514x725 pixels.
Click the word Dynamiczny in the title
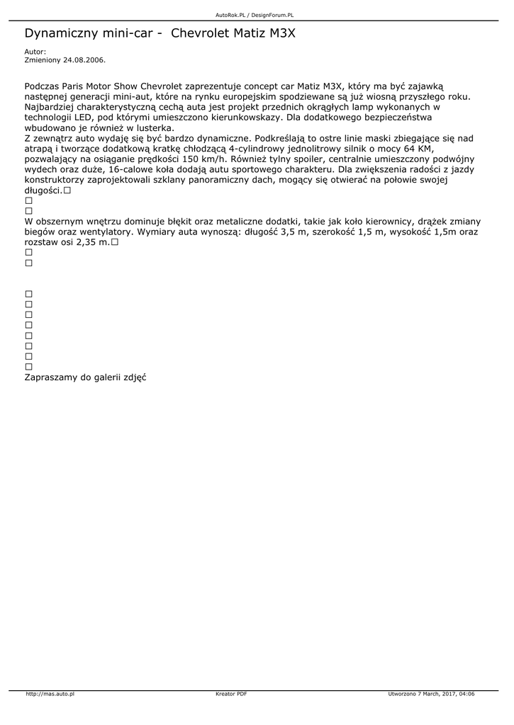pos(60,33)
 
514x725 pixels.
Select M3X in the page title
pos(281,33)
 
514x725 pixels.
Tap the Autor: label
pos(35,52)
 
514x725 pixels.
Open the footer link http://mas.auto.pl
pos(50,694)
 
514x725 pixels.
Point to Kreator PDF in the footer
pos(231,694)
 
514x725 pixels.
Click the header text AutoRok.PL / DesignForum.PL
pos(255,15)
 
